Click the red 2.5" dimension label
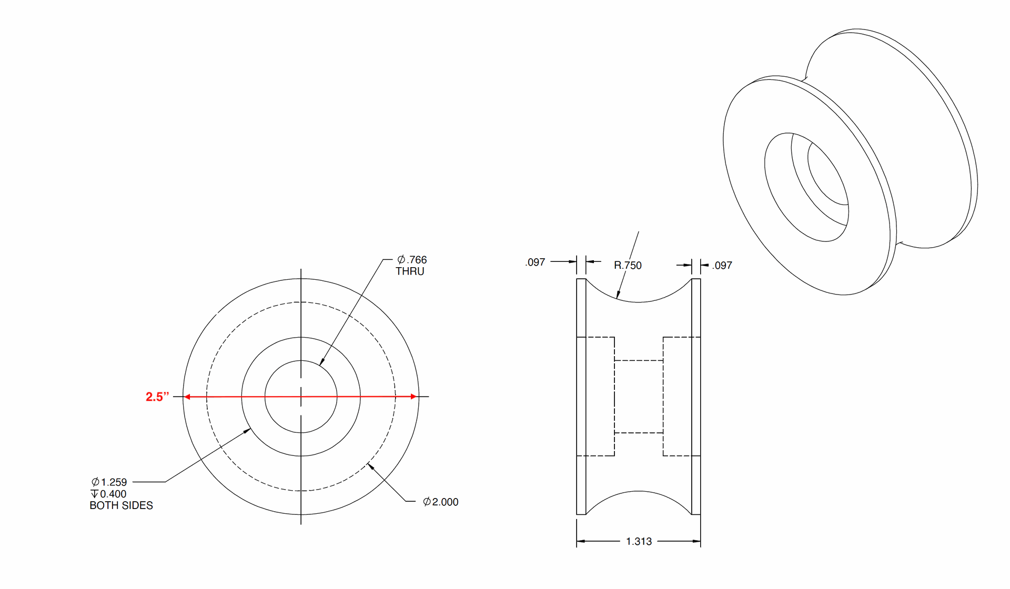pos(157,397)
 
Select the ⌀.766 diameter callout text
pos(412,260)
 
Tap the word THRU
pos(410,271)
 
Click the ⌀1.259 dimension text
pos(109,482)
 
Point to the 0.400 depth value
pos(113,494)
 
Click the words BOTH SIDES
pos(121,505)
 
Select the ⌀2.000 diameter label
pos(441,502)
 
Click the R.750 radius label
pos(628,266)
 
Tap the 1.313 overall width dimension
pos(639,542)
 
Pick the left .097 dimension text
pos(535,262)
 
